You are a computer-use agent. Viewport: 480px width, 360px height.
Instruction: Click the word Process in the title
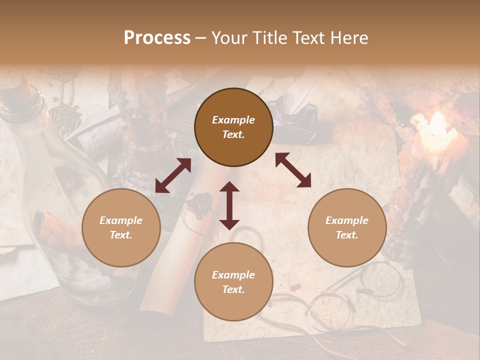157,38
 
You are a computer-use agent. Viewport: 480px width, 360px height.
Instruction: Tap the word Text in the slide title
309,38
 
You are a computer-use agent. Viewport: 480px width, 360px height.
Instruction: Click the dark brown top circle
233,127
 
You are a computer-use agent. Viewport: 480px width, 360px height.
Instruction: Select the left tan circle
121,227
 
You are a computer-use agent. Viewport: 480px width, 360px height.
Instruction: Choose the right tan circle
347,227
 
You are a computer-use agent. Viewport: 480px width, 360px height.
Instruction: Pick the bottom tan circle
233,282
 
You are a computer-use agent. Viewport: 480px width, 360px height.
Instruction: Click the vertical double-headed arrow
229,205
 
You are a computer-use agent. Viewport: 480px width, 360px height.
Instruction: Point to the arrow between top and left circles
173,175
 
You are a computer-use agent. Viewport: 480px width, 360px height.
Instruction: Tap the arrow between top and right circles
293,170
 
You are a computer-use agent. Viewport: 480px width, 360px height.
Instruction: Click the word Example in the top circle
233,120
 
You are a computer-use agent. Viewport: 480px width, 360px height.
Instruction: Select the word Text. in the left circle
121,235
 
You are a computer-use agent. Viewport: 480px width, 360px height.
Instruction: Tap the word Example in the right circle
347,220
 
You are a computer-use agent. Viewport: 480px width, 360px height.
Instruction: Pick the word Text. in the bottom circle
233,289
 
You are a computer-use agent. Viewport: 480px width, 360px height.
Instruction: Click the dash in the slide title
200,38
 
